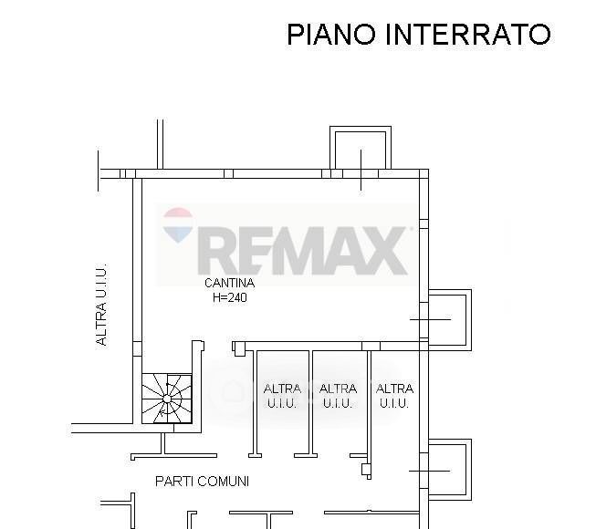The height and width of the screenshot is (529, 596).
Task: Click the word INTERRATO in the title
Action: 468,35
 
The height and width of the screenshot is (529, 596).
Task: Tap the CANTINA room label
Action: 229,284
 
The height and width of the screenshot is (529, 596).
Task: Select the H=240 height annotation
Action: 229,297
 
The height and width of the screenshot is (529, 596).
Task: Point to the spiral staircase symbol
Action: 167,398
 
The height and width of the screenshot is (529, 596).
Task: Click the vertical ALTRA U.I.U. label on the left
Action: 102,305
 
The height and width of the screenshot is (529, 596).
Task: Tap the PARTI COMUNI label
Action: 202,481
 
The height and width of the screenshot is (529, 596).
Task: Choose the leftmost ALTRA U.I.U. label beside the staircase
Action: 282,396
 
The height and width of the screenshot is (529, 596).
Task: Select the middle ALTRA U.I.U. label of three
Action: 339,396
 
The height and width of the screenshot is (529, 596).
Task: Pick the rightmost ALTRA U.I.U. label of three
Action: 394,396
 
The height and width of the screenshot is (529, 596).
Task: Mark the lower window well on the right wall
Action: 448,469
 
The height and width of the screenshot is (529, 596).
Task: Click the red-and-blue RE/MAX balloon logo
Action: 178,226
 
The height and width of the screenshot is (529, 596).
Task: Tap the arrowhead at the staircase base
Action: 161,412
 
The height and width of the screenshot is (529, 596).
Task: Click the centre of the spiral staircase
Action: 169,398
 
